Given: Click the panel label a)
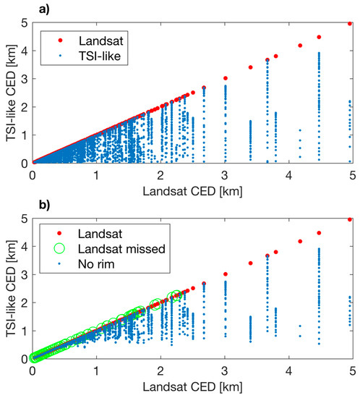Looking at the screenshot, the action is coord(44,9).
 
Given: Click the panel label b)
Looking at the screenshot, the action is coord(44,205).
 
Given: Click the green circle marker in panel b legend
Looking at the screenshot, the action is coord(59,248).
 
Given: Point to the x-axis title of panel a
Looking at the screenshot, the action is coord(193,191).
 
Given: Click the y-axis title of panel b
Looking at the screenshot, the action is coord(11,289).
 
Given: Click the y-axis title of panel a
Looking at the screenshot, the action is coord(11,93).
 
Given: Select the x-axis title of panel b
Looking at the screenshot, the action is coord(193,387).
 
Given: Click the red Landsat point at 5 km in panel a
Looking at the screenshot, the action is coord(350,24).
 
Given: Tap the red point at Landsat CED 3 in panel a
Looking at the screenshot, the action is coord(226,78).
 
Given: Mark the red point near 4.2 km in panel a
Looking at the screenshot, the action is coord(300,46).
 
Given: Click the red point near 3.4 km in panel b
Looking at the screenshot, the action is coord(250,263).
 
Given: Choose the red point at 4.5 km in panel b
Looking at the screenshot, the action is coord(320,233).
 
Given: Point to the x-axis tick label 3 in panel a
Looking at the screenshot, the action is coord(225,175).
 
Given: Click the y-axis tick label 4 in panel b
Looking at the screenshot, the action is coord(25,247).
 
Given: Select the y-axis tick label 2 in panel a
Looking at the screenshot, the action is coord(25,107).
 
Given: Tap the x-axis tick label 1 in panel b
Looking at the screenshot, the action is coord(96,371).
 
